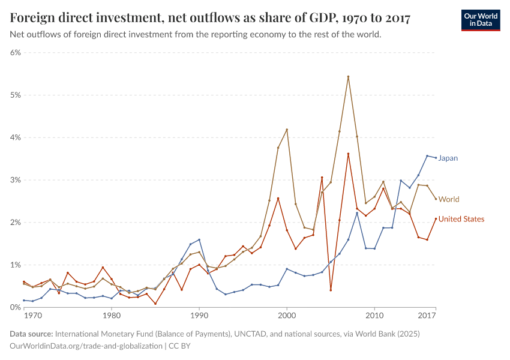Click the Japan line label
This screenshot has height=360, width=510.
click(x=448, y=158)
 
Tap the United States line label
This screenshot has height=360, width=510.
click(x=461, y=219)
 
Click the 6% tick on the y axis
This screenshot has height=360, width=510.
click(x=15, y=52)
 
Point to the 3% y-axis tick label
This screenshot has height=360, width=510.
click(x=15, y=180)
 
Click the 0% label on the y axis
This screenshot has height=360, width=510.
click(x=15, y=307)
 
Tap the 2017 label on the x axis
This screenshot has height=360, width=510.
click(x=427, y=315)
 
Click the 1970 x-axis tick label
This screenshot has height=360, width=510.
click(x=32, y=315)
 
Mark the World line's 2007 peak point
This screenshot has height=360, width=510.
click(x=348, y=77)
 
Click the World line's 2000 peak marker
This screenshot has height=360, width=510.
click(x=287, y=130)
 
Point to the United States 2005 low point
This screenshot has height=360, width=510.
click(x=331, y=290)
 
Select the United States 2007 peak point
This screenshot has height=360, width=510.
click(x=348, y=154)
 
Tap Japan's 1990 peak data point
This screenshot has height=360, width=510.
click(x=199, y=239)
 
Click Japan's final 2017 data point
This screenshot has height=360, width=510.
click(x=436, y=158)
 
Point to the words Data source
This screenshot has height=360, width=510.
click(x=31, y=334)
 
